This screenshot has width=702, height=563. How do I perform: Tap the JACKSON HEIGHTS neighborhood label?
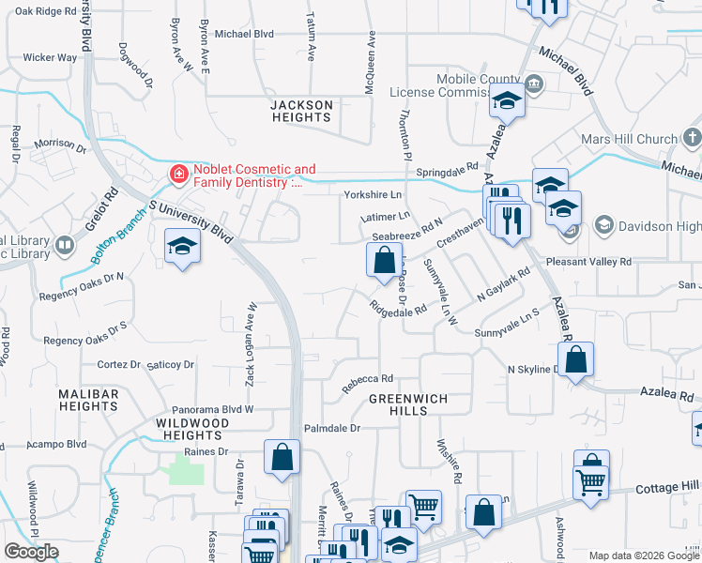[x=301, y=111]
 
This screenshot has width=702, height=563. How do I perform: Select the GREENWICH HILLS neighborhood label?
[x=407, y=399]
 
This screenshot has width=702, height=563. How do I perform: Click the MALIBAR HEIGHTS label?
[x=87, y=400]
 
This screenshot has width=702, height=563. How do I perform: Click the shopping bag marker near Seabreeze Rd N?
[x=384, y=260]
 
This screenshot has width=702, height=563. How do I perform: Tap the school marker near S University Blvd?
[x=182, y=248]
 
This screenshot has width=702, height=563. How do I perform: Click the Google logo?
[x=31, y=552]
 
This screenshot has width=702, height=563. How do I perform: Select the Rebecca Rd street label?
[x=366, y=379]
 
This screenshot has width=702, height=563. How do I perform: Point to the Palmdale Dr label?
[x=331, y=428]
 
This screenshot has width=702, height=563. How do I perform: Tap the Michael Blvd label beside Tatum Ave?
[x=244, y=34]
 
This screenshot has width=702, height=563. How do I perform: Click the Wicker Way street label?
[x=50, y=57]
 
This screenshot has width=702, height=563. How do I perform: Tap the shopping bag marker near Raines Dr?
[x=282, y=457]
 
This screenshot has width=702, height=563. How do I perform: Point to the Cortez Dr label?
[x=118, y=364]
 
